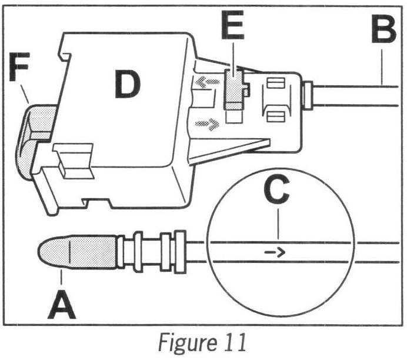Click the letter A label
(x=61, y=299)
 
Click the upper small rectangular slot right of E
(x=275, y=84)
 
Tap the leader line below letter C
(x=278, y=226)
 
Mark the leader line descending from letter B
(x=382, y=68)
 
